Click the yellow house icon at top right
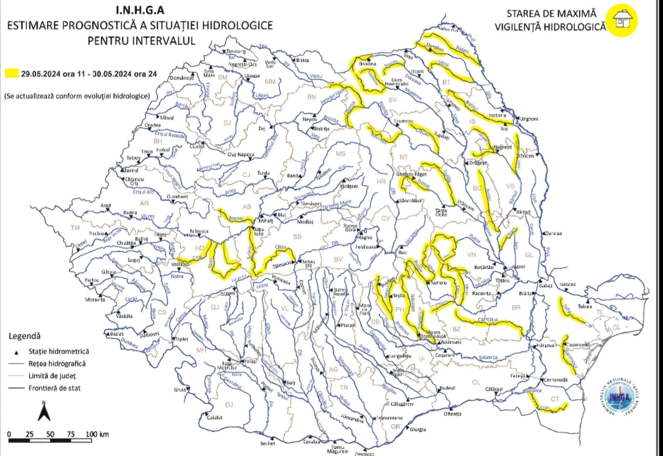point(621,20)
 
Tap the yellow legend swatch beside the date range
point(12,74)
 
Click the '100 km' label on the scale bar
point(97,434)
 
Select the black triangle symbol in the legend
point(17,352)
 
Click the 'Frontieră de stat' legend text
point(54,388)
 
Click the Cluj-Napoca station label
point(241,154)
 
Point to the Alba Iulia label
point(259,231)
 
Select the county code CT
point(555,399)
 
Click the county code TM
point(75,227)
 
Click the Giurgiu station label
point(418,429)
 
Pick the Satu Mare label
point(209,73)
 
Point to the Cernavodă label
point(555,379)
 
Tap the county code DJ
point(229,405)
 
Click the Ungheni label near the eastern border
point(529,119)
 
